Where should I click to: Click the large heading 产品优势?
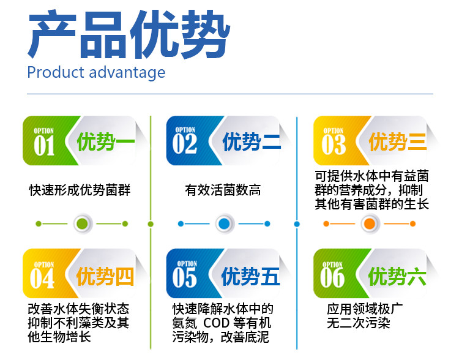click(x=129, y=34)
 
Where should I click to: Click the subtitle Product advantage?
click(x=96, y=72)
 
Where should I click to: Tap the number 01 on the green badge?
click(x=44, y=146)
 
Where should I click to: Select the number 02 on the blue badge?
click(x=184, y=144)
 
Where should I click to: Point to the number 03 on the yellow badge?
click(x=334, y=144)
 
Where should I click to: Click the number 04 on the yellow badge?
click(x=42, y=279)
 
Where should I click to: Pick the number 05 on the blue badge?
click(x=184, y=278)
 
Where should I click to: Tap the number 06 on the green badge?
click(x=332, y=278)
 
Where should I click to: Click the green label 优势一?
click(x=106, y=142)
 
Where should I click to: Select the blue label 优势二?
click(x=252, y=142)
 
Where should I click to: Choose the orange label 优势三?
click(x=398, y=142)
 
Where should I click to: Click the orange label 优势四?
click(x=105, y=276)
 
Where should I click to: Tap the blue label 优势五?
click(x=250, y=276)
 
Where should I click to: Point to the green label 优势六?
click(x=397, y=276)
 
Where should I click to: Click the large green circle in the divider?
click(x=82, y=224)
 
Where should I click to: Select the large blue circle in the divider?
click(x=224, y=224)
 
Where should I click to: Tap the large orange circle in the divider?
click(x=370, y=224)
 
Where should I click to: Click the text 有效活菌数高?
click(x=223, y=190)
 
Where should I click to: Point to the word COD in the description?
click(x=216, y=323)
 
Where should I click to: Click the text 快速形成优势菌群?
click(x=80, y=190)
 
